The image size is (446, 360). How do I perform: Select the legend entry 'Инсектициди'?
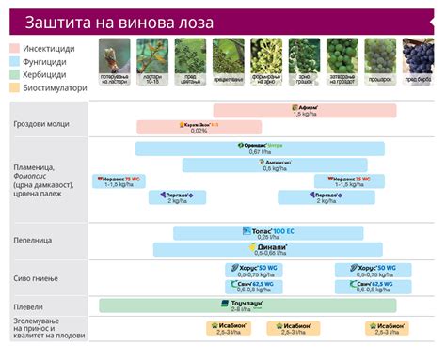[x=47, y=47]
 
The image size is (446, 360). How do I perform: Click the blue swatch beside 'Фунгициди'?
[x=15, y=60]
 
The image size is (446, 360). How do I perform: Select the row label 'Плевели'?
[x=28, y=305]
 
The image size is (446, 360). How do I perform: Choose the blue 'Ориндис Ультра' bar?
[x=260, y=148]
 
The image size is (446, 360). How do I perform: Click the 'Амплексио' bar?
[x=275, y=164]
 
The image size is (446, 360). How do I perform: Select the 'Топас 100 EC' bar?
[x=268, y=232]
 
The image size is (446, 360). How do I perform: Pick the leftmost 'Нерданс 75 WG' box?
[x=118, y=181]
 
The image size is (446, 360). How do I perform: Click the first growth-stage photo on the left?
[x=113, y=56]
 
